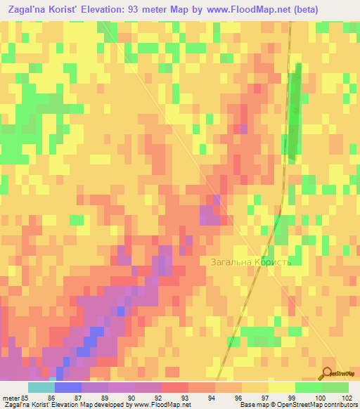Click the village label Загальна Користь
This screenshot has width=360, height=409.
[x=250, y=262]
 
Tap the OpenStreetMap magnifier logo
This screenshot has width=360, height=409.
[x=328, y=373]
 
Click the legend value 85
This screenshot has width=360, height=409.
[x=22, y=397]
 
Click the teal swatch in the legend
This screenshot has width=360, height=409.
[x=41, y=387]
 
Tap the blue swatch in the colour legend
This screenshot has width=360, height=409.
[x=68, y=387]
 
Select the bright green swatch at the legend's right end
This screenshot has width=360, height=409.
[x=335, y=387]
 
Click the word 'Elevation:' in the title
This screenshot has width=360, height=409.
[x=118, y=10]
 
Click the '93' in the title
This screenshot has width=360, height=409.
[x=155, y=10]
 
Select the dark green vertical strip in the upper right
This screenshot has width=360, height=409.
[x=293, y=112]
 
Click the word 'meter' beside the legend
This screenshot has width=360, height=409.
[x=9, y=397]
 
